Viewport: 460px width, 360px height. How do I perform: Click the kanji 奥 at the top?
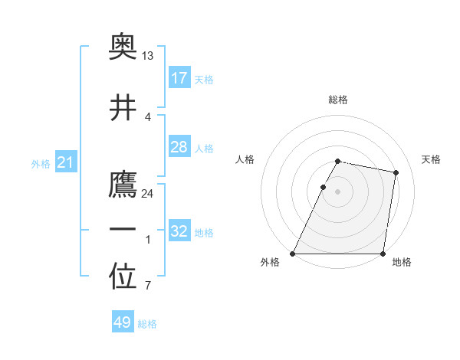click(123, 50)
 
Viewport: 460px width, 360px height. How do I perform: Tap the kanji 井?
click(123, 108)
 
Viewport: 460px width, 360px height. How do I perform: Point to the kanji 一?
click(123, 230)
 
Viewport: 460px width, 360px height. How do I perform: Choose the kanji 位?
click(123, 278)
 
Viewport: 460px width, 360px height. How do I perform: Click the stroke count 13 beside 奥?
click(148, 56)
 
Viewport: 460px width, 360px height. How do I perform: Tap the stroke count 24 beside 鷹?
click(148, 193)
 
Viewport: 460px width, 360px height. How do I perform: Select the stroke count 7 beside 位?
click(147, 286)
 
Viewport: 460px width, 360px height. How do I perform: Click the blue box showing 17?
click(179, 77)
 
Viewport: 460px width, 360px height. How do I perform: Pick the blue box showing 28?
click(179, 147)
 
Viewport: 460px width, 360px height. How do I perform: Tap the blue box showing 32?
click(179, 231)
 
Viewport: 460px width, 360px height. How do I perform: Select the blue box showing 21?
click(66, 162)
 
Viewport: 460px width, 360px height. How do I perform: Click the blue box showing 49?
click(123, 322)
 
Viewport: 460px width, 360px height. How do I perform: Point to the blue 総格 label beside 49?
click(147, 324)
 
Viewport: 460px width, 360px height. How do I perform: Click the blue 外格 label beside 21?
click(41, 163)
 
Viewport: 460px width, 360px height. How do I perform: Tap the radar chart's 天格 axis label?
click(431, 159)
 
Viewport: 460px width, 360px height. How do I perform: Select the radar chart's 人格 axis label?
click(245, 159)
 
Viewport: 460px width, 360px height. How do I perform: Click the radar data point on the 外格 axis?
click(293, 254)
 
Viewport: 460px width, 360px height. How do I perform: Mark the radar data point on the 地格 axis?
click(383, 254)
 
